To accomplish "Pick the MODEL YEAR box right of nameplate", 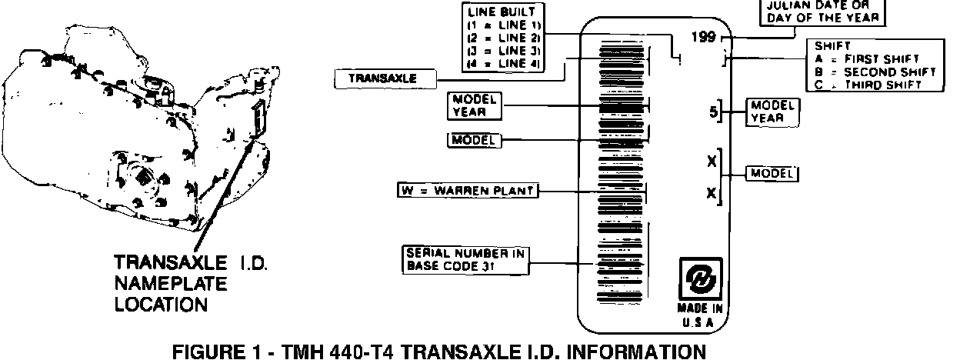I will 771,112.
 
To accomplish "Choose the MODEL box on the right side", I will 772,174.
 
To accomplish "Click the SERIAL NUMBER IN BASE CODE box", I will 467,260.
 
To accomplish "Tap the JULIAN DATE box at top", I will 822,12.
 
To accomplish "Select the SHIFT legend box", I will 874,65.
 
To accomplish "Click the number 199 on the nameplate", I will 703,37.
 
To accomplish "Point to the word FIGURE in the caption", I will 207,352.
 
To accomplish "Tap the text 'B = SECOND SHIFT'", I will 875,72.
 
